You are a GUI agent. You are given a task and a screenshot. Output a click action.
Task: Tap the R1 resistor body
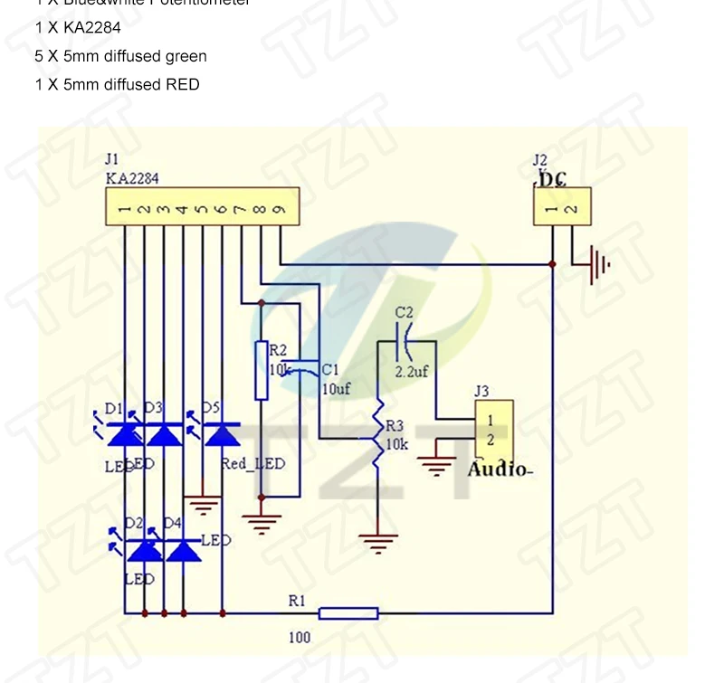348,613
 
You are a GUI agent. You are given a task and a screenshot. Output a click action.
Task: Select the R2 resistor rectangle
262,370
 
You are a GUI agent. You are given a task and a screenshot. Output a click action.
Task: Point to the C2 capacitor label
404,312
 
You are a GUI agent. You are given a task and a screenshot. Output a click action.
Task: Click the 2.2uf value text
413,371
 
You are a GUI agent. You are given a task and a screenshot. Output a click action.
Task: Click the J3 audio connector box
493,430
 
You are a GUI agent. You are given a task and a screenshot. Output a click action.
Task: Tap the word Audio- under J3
500,470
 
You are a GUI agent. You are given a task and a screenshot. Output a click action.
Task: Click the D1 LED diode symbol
124,435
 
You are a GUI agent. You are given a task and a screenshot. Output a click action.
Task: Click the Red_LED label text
252,464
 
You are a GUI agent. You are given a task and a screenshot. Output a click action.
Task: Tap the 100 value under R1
300,637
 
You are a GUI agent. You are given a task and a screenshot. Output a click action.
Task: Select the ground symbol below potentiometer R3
378,542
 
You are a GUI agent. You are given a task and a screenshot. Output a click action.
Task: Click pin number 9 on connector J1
281,210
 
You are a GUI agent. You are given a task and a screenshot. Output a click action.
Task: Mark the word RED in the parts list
183,84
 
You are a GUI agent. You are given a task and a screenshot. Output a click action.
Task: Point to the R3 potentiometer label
395,425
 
